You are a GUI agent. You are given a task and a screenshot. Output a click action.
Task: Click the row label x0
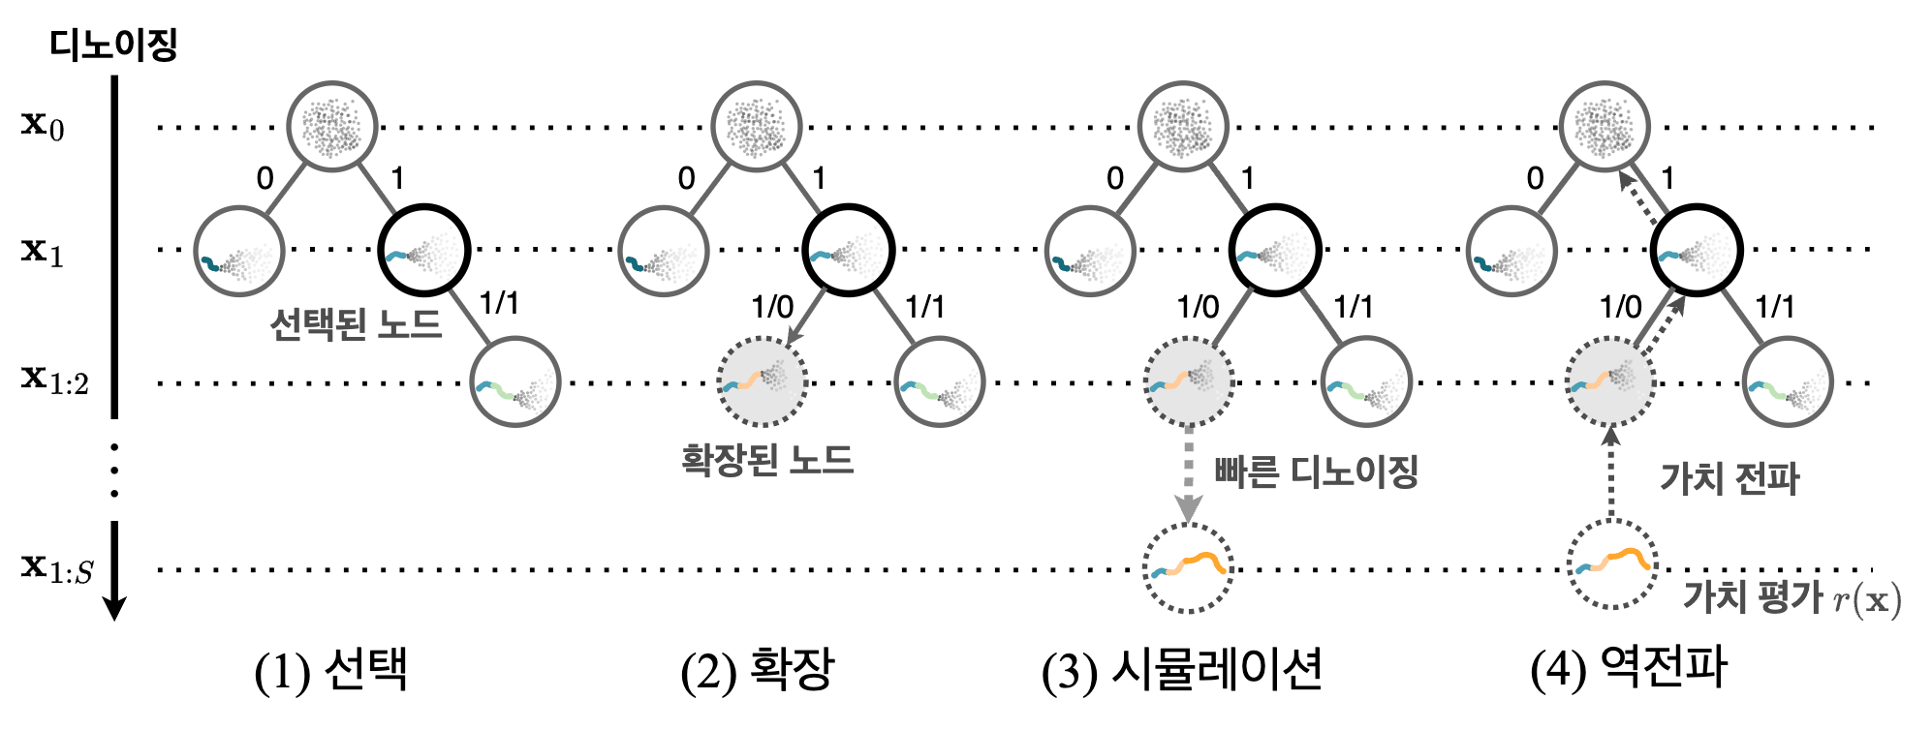point(44,125)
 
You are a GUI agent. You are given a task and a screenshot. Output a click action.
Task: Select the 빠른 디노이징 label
point(1316,472)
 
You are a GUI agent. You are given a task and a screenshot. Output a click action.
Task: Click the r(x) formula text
point(1868,600)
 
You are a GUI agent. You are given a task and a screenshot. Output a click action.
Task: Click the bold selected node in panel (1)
point(424,250)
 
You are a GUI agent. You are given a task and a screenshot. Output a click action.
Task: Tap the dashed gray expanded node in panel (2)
point(762,381)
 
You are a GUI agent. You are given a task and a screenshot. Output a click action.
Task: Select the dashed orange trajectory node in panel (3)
point(1188,567)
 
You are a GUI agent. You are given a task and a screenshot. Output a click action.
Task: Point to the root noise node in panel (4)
point(1605,126)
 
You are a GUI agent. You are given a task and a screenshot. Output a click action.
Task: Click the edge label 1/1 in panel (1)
point(500,304)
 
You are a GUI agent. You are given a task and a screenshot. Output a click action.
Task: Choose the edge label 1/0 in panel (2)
point(772,308)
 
